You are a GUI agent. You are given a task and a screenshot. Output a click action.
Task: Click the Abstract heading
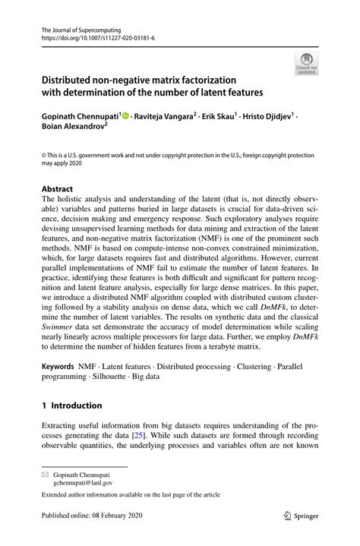point(58,187)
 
